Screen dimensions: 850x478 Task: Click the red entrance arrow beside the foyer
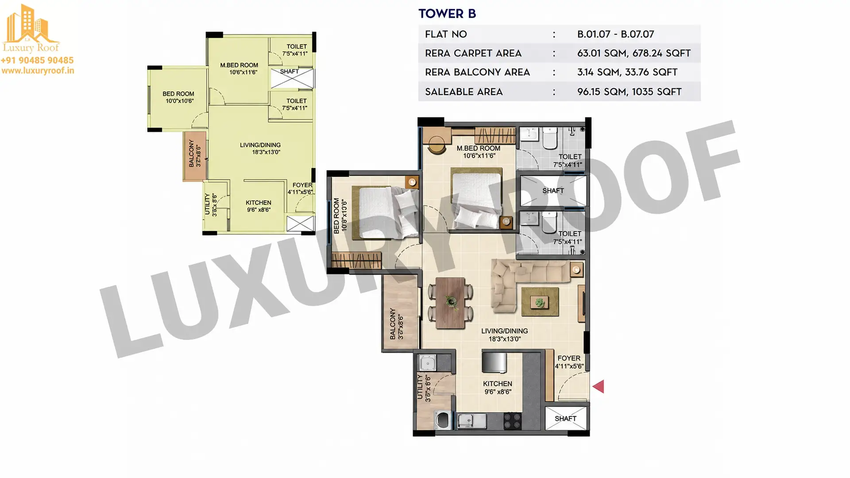click(x=599, y=387)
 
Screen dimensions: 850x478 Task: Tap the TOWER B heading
click(x=447, y=14)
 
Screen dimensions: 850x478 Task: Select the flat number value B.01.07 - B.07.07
click(x=615, y=34)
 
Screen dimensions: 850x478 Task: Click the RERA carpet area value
click(x=634, y=53)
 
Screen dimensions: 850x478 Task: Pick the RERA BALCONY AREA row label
click(x=477, y=72)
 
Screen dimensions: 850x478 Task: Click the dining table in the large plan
click(x=450, y=303)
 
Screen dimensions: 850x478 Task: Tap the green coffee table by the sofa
click(x=540, y=302)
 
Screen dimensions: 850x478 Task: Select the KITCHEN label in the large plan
click(x=498, y=384)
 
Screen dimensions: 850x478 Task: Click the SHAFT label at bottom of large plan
click(x=565, y=418)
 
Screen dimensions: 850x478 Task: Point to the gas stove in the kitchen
click(x=512, y=421)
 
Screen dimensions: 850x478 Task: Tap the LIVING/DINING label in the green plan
click(x=260, y=145)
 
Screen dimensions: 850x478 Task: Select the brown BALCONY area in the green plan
click(x=194, y=156)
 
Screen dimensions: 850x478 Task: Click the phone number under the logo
click(x=37, y=60)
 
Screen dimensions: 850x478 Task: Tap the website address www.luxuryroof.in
click(x=38, y=70)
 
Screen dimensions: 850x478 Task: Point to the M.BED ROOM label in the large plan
click(x=479, y=148)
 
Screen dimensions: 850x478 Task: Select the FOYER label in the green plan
click(x=302, y=185)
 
